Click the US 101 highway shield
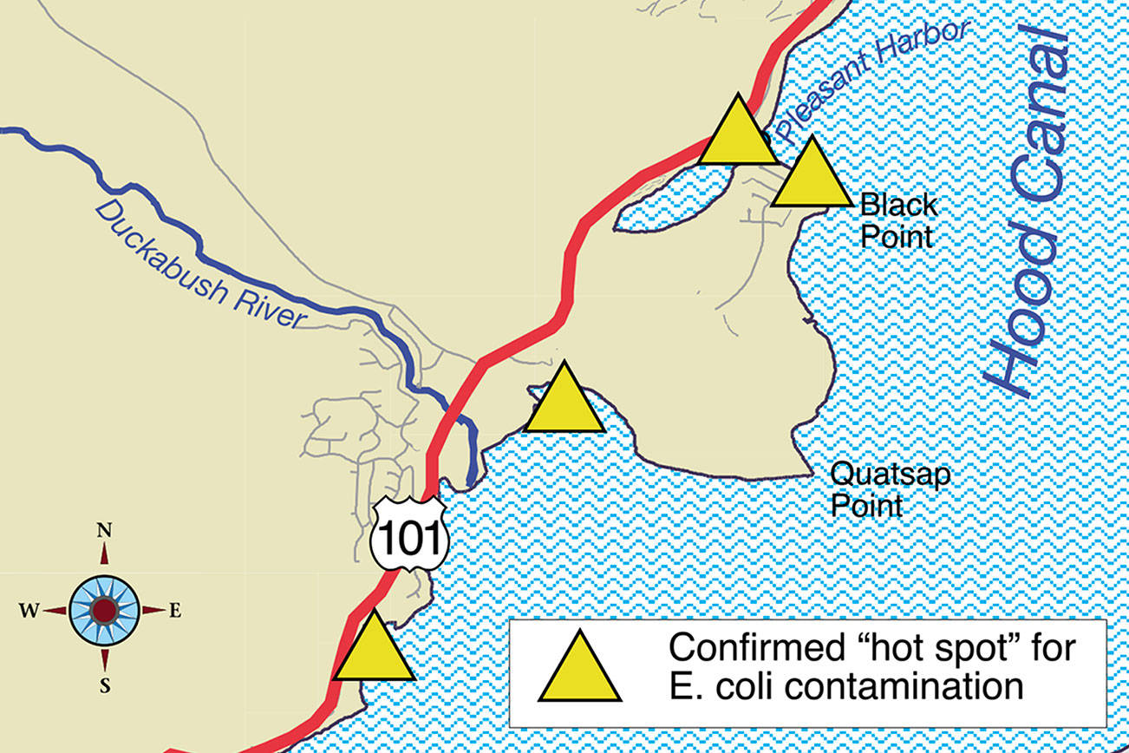409,533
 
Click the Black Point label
897,220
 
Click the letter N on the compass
104,530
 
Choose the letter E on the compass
175,611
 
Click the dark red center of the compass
104,611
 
